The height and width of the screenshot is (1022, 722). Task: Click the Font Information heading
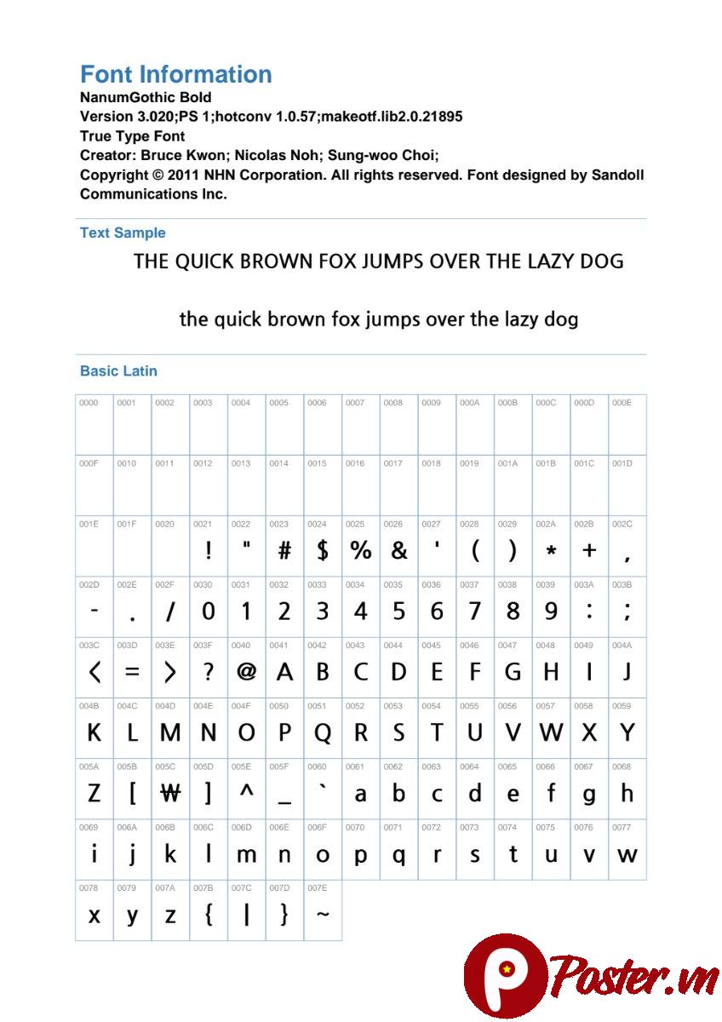coord(175,74)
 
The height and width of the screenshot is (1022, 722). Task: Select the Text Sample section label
coord(123,233)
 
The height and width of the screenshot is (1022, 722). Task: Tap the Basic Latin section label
coord(118,371)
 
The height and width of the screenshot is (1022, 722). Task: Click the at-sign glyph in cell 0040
coord(246,672)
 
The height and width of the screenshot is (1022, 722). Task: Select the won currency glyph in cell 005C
coord(170,794)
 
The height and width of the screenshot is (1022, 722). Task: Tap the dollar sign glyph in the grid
coord(322,551)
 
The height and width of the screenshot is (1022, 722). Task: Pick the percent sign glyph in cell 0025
coord(360,551)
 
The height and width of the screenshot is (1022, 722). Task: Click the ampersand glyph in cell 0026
coord(398,551)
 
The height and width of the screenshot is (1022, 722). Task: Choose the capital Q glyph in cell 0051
coord(322,733)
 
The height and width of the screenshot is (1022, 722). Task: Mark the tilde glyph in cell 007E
coord(322,915)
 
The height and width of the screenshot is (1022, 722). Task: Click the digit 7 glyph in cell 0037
coord(474,611)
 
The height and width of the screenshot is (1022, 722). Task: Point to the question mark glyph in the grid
coord(208,672)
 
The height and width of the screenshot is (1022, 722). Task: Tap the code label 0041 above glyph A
coord(278,646)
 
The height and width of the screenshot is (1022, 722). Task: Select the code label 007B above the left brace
coord(203,888)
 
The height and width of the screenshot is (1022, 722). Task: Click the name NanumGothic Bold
coord(146,98)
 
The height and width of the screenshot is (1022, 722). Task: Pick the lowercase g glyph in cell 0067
coord(588,795)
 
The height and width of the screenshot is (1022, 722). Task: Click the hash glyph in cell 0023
coord(284,551)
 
